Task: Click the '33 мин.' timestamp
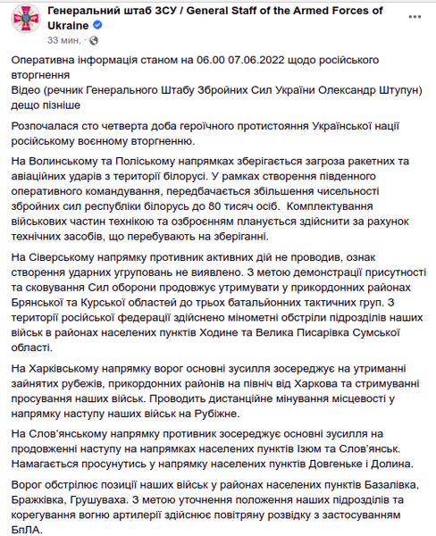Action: coord(65,41)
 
